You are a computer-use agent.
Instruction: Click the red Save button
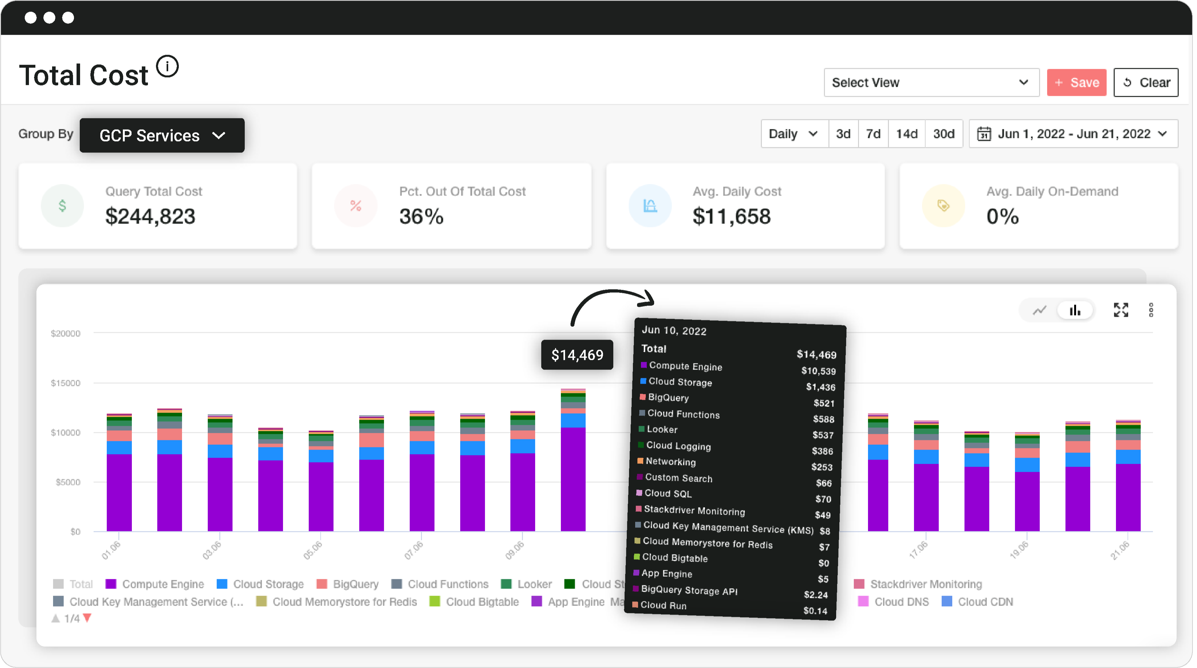1076,83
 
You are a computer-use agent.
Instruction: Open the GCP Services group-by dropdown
162,135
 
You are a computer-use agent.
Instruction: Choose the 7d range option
873,134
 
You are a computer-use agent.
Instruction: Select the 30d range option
943,134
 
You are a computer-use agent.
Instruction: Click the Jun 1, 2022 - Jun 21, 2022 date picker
1073,134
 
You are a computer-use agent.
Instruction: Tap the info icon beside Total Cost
167,67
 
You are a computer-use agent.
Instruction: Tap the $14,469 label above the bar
577,355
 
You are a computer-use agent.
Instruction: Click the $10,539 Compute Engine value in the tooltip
818,371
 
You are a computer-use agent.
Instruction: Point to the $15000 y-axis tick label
66,383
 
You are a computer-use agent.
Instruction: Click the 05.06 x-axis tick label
313,550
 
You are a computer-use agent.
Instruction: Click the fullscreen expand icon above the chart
1120,310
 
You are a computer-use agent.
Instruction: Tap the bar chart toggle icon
1075,310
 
